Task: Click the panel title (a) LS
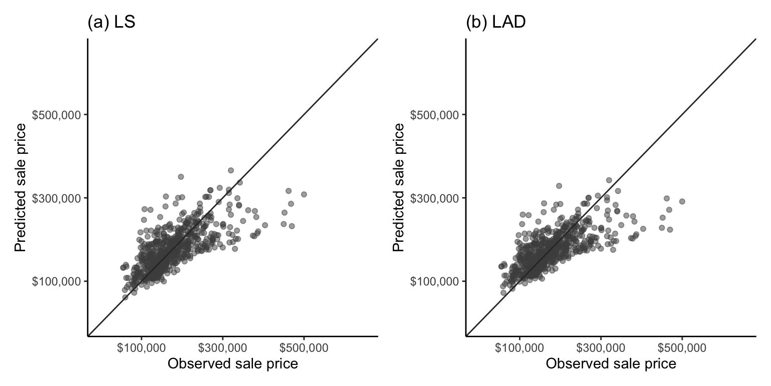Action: coord(111,23)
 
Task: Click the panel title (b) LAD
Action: coord(495,23)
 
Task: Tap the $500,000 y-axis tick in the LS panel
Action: coord(56,115)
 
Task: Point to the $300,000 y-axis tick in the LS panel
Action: coord(56,198)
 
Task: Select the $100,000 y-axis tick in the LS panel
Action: coord(56,281)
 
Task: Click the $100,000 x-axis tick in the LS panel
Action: coord(141,347)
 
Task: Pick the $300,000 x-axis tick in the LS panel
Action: coord(222,347)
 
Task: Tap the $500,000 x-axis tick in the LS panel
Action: coord(304,347)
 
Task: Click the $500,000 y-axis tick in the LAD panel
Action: coord(435,115)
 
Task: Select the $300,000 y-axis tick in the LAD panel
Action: coord(435,198)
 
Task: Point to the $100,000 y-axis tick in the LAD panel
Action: coord(435,281)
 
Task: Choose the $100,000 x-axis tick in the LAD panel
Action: coord(520,347)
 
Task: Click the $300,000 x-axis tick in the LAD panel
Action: coord(601,347)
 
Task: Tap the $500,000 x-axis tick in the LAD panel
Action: coord(682,347)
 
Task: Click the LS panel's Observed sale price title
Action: coord(232,363)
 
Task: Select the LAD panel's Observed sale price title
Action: coord(611,363)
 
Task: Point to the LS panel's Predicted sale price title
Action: coord(20,187)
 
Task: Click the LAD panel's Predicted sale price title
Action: coord(399,187)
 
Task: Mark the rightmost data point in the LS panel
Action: coord(304,194)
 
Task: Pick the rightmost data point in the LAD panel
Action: coord(682,201)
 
